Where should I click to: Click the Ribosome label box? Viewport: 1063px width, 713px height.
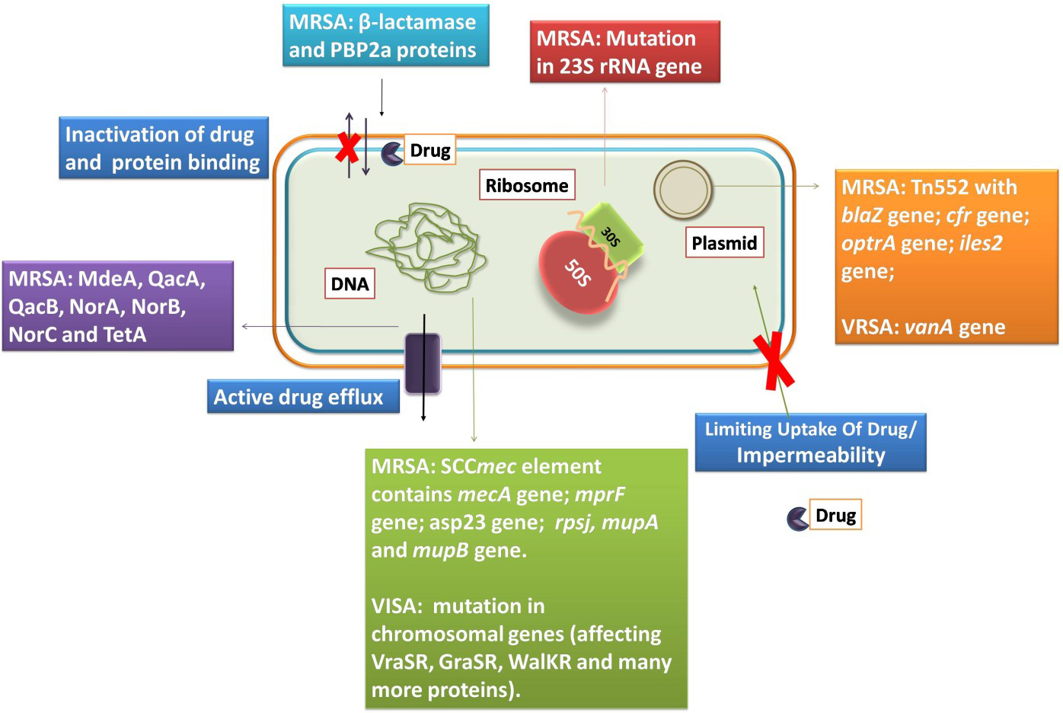pyautogui.click(x=527, y=185)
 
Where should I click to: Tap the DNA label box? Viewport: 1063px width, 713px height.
pyautogui.click(x=350, y=284)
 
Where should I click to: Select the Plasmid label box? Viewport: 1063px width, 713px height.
pyautogui.click(x=724, y=243)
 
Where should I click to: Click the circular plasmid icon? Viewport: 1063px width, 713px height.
pyautogui.click(x=683, y=190)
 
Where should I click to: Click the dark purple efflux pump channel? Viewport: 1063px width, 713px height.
pyautogui.click(x=423, y=363)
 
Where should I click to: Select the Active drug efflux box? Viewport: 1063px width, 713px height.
pyautogui.click(x=303, y=397)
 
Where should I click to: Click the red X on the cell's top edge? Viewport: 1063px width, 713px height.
pyautogui.click(x=348, y=148)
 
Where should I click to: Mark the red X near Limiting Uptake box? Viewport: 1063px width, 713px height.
pyautogui.click(x=774, y=360)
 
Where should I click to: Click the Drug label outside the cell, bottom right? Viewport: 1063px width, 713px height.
pyautogui.click(x=835, y=515)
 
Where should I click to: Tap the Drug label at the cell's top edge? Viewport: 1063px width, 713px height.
pyautogui.click(x=430, y=150)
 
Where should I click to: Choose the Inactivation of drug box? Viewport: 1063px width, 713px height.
pyautogui.click(x=164, y=148)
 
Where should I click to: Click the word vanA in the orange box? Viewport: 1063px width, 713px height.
pyautogui.click(x=928, y=327)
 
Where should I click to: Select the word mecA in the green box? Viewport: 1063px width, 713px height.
pyautogui.click(x=484, y=494)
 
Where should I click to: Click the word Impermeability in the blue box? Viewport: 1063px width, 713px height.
pyautogui.click(x=811, y=455)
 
